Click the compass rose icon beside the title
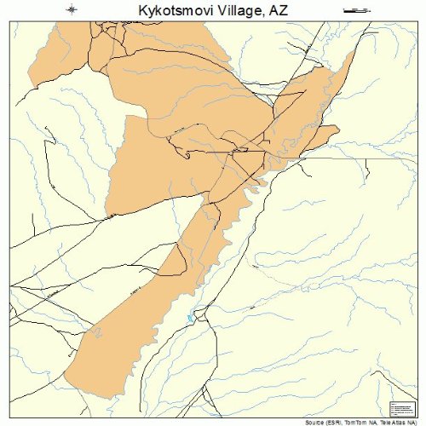(72, 10)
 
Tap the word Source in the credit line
(314, 422)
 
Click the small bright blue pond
(191, 319)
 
